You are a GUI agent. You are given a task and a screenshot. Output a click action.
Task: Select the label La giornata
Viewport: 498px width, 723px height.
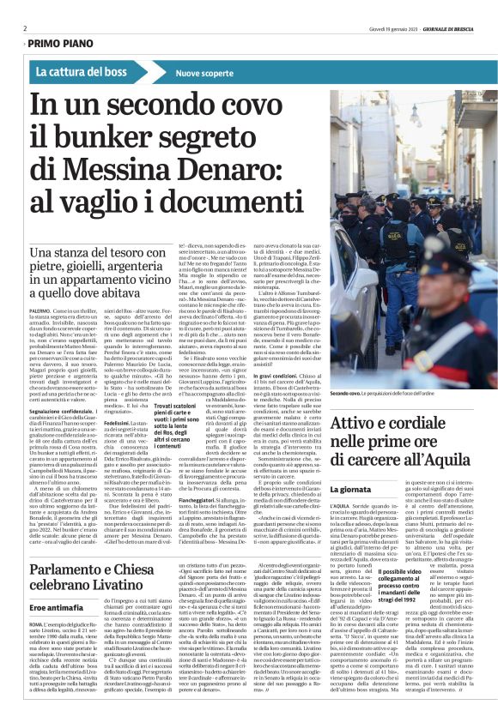(351, 489)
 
